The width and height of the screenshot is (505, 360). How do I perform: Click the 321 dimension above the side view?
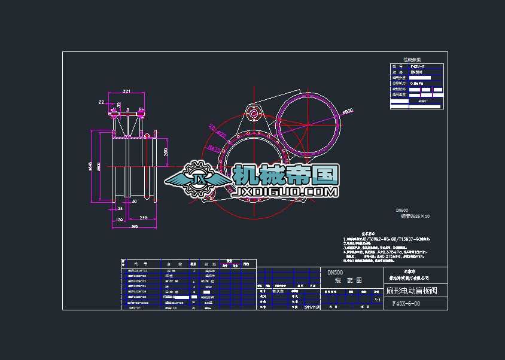(126, 91)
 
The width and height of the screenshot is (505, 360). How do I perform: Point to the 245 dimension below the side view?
(144, 217)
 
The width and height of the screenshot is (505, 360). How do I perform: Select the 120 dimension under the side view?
(118, 220)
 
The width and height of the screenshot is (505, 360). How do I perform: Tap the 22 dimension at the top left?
(101, 102)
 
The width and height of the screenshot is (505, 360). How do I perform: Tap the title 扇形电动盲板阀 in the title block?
(411, 291)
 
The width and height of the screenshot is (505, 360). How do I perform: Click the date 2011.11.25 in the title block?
(312, 307)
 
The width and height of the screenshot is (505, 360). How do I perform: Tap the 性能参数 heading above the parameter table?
(412, 60)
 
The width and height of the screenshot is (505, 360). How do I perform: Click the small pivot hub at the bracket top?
(253, 114)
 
